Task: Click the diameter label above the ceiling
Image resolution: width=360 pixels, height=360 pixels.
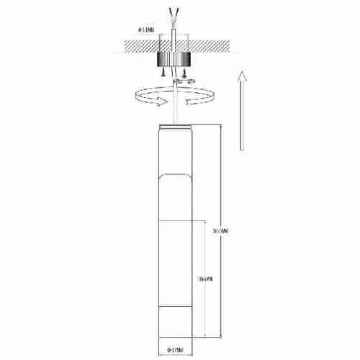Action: point(145,31)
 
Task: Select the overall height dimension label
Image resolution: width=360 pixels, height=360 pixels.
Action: point(220,231)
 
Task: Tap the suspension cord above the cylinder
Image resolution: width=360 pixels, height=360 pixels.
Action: point(176,108)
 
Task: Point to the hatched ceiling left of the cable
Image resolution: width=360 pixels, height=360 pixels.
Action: point(137,45)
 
